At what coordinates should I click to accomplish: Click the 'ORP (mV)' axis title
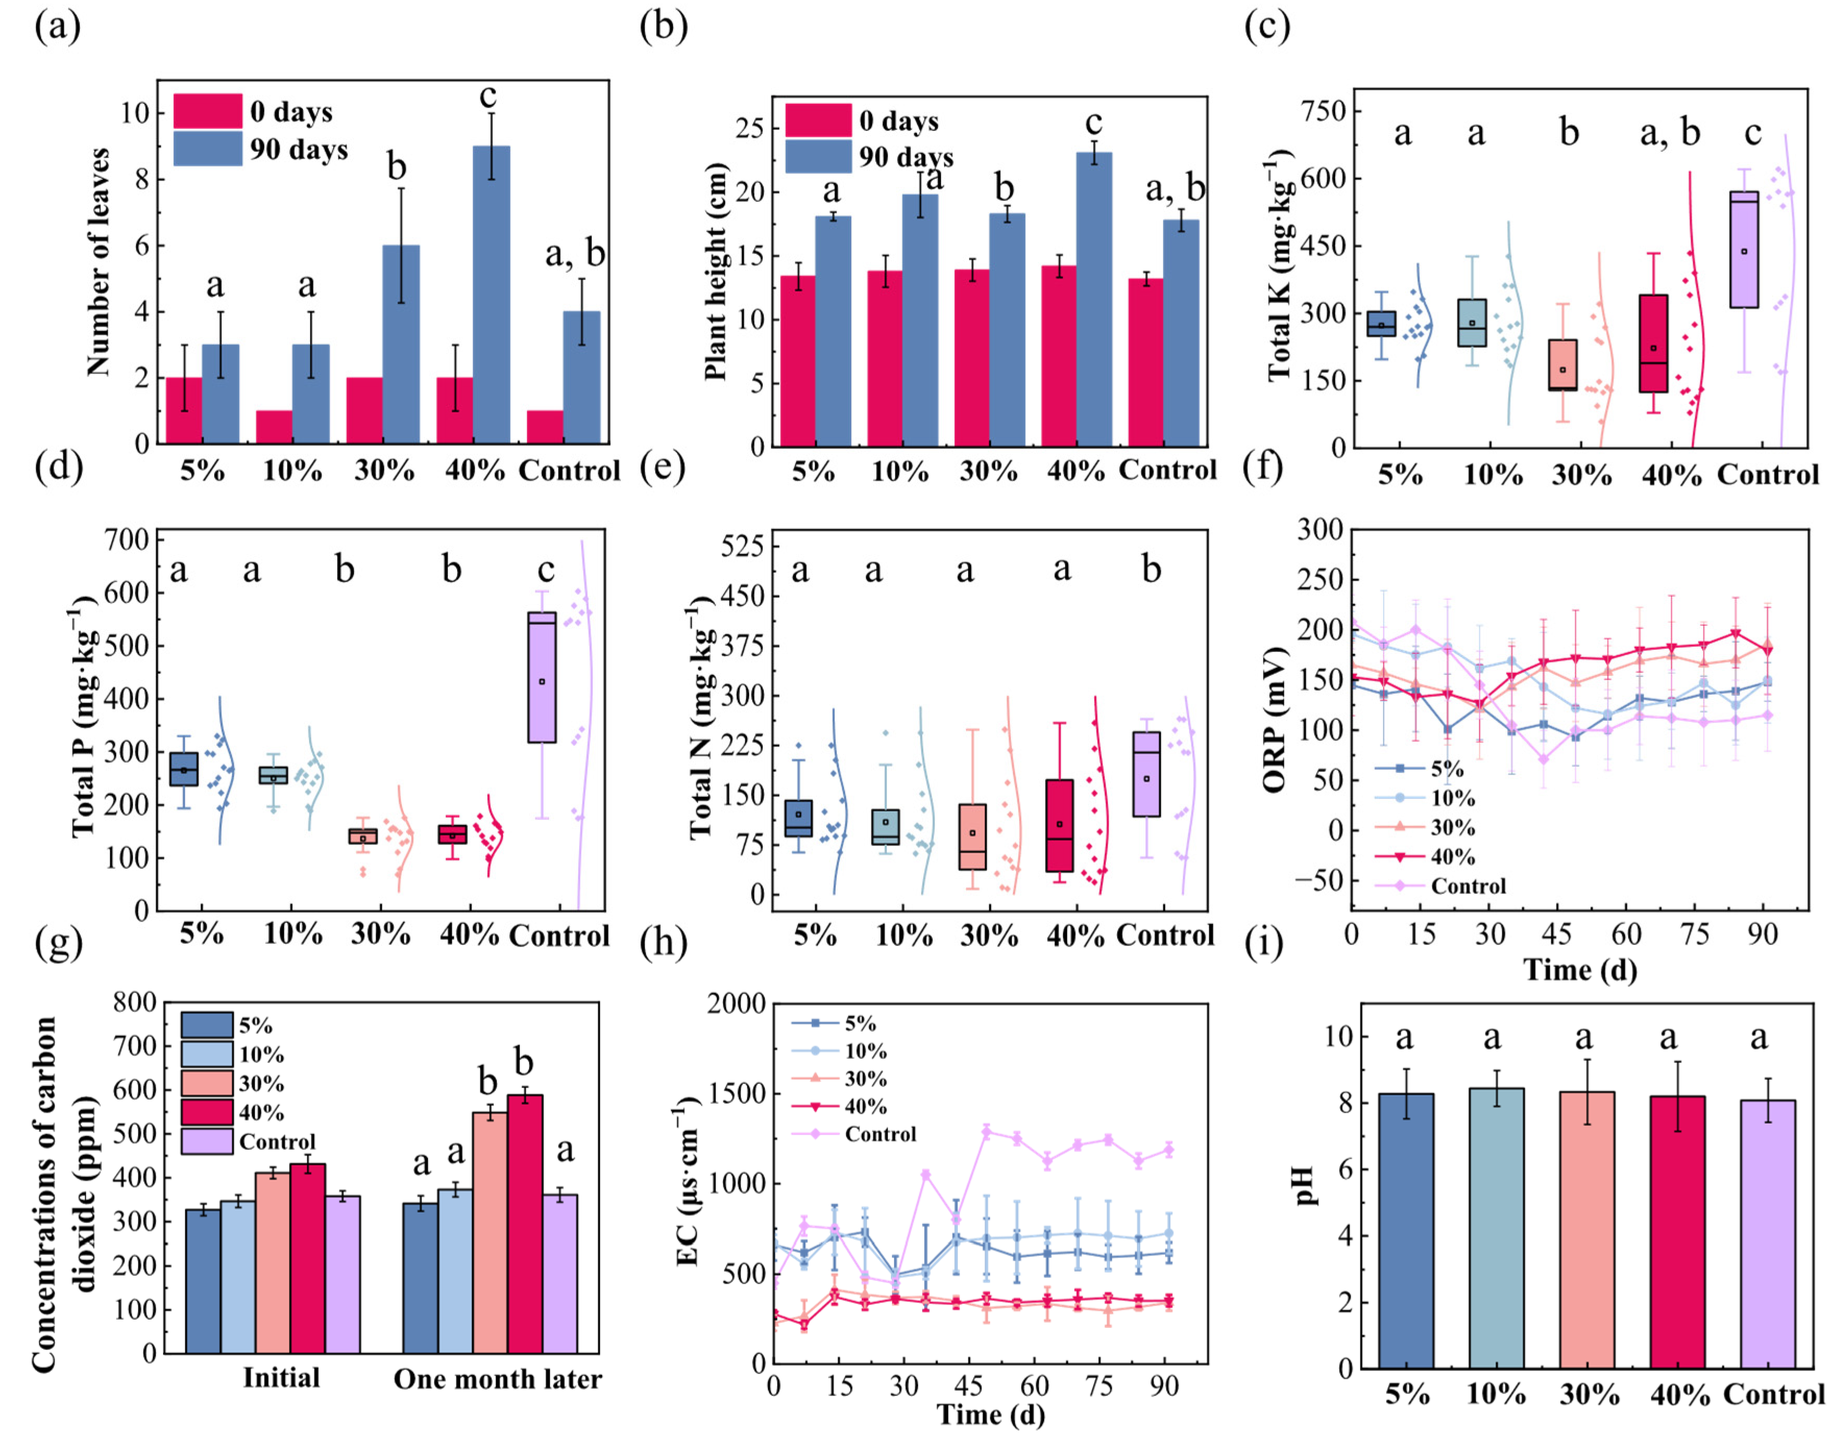click(1274, 720)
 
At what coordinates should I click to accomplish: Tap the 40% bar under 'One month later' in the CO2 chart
click(525, 1223)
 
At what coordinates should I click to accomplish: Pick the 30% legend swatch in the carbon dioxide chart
click(206, 1083)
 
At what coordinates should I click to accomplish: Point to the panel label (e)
click(663, 467)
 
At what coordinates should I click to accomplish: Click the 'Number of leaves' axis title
click(100, 262)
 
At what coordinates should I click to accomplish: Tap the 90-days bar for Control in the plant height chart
click(1180, 333)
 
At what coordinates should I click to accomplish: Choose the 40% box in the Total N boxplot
click(1059, 825)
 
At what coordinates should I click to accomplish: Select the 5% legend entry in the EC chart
click(859, 1024)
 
